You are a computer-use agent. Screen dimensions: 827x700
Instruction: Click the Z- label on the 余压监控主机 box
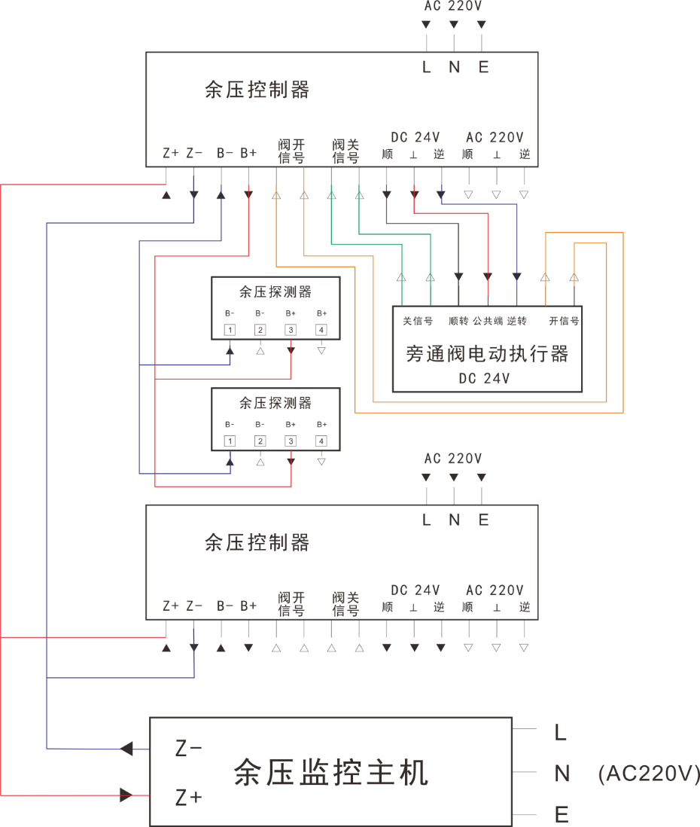point(189,749)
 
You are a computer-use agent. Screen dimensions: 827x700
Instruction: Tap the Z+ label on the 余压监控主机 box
point(189,797)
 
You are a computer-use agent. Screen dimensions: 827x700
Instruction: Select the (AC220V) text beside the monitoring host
point(649,774)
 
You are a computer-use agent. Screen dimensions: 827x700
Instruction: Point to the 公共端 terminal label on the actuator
point(487,321)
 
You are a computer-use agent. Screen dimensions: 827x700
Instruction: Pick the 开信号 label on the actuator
point(564,321)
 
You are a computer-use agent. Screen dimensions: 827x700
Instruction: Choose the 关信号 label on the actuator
point(418,321)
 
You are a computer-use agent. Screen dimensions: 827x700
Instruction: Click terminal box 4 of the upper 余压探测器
point(321,330)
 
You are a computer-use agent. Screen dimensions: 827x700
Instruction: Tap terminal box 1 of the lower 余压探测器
point(230,441)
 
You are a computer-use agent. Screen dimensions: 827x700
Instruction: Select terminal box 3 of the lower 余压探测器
point(291,441)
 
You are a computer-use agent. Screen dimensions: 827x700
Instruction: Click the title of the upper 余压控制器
point(257,90)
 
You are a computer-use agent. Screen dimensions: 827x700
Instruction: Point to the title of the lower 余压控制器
point(257,542)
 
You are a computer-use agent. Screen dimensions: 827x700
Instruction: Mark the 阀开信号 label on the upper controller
point(291,151)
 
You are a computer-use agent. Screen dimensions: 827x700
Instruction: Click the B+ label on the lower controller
point(248,606)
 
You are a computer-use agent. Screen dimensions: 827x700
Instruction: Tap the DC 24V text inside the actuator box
point(484,379)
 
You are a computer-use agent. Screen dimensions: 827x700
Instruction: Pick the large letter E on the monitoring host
point(561,815)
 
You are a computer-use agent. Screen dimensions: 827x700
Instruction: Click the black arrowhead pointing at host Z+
point(126,795)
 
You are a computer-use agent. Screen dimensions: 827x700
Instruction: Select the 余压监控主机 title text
point(331,773)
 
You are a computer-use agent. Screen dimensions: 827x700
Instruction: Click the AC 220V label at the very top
point(453,7)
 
